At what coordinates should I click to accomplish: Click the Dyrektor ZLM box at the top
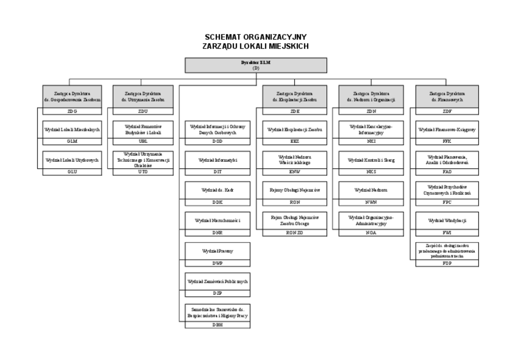click(x=256, y=65)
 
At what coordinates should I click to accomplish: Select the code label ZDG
click(x=72, y=111)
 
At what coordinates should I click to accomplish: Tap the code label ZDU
click(x=143, y=111)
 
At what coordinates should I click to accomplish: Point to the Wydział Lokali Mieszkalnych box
click(x=72, y=129)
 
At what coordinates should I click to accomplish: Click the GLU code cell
click(x=72, y=172)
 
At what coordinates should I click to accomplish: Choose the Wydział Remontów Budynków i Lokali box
click(x=143, y=129)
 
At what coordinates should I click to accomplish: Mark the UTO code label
click(x=143, y=172)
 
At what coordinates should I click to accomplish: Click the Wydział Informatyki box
click(x=217, y=160)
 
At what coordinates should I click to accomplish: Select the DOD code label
click(x=217, y=142)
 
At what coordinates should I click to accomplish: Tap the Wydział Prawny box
click(x=217, y=251)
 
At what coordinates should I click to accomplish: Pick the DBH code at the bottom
click(x=217, y=325)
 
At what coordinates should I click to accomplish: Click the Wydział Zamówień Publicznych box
click(x=217, y=281)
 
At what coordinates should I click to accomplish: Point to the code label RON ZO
click(x=295, y=233)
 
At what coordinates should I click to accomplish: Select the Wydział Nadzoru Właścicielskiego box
click(x=295, y=160)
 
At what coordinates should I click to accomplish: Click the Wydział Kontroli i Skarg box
click(x=371, y=160)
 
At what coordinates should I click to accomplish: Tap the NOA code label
click(x=371, y=233)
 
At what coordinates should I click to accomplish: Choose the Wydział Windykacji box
click(x=447, y=221)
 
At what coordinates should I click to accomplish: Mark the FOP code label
click(x=447, y=263)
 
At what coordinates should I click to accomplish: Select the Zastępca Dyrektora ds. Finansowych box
click(x=447, y=96)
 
